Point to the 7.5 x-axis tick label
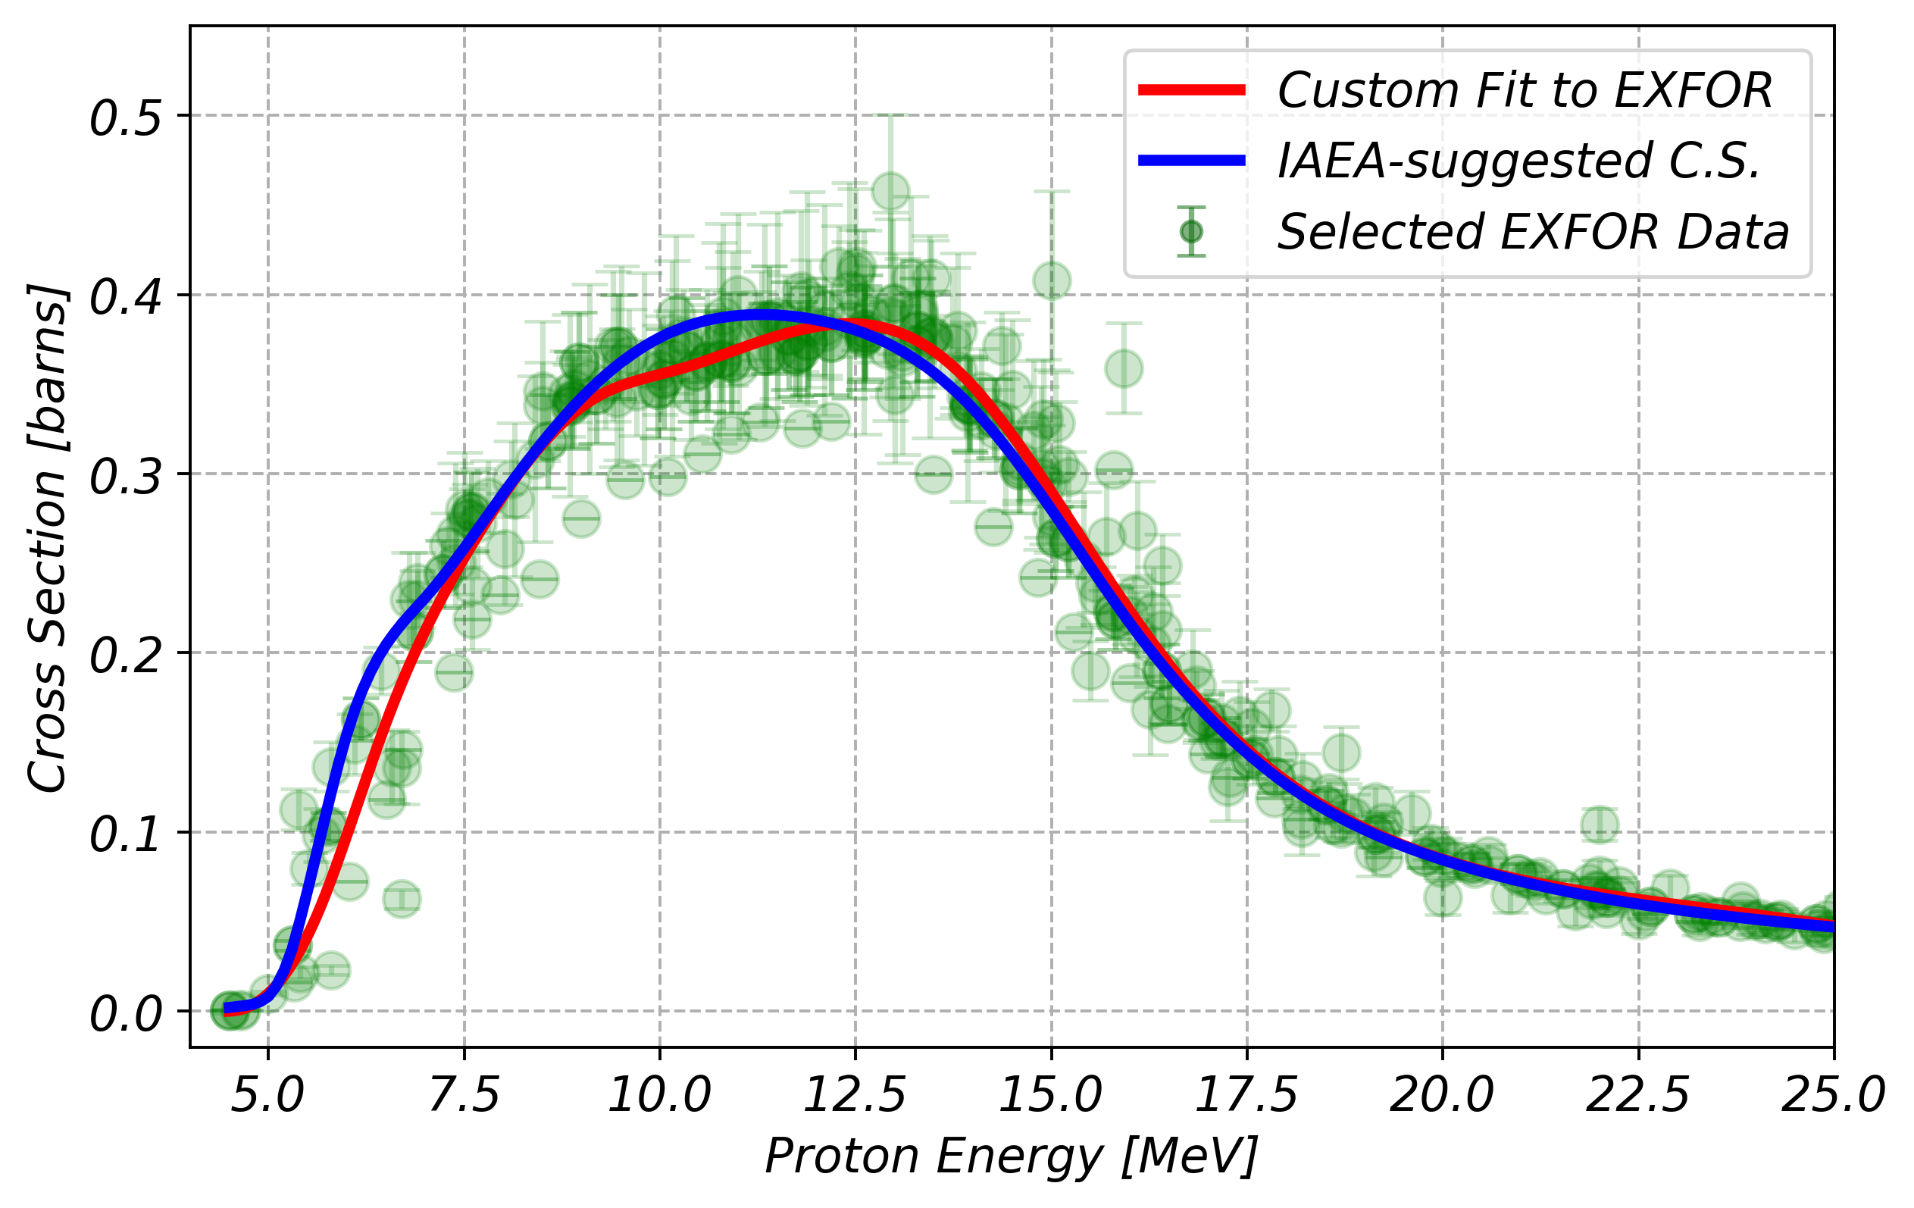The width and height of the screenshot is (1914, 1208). point(464,1096)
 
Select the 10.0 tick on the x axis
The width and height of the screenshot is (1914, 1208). point(659,1096)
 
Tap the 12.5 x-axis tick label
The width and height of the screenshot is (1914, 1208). point(855,1096)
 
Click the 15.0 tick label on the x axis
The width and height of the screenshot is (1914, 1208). point(1051,1096)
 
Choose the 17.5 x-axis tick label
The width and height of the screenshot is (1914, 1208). point(1246,1096)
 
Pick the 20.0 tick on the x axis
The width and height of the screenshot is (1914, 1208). point(1442,1096)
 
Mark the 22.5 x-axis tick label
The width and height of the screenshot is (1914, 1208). point(1638,1096)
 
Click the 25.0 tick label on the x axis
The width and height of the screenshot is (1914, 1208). point(1833,1096)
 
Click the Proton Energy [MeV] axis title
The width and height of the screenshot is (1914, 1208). point(1011,1157)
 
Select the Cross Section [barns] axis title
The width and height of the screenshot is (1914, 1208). point(48,538)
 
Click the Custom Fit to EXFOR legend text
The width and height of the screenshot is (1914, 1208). point(1525,91)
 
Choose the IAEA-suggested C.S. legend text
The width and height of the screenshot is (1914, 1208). point(1519,161)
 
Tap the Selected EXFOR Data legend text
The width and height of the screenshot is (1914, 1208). point(1532,232)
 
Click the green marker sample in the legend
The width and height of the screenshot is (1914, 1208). point(1191,232)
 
